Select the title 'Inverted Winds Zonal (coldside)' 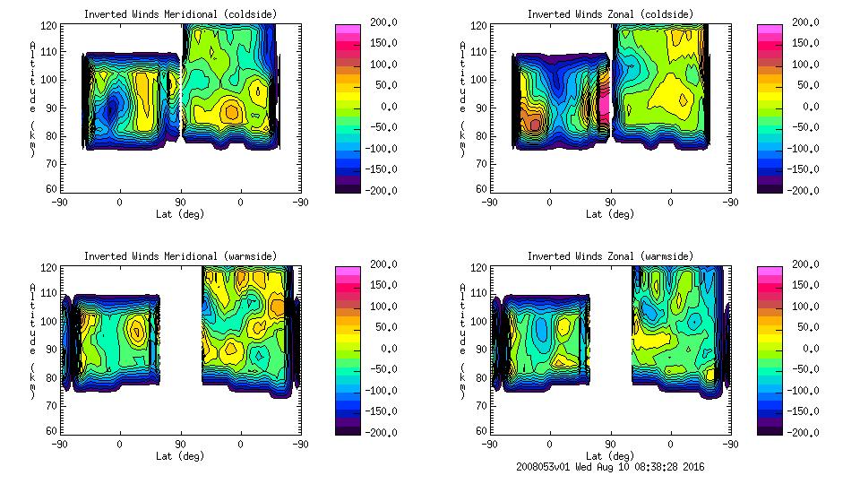point(610,14)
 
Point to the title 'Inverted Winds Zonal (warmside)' point(610,256)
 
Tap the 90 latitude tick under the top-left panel point(180,203)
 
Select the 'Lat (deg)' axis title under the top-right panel point(610,214)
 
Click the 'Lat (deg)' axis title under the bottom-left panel point(180,456)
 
